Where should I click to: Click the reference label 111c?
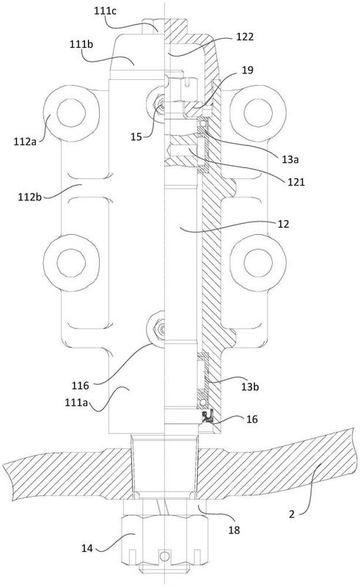coord(105,11)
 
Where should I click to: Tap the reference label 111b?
coord(81,44)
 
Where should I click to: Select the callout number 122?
coord(245,37)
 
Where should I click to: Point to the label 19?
coord(248,70)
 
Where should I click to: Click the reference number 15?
coord(136,136)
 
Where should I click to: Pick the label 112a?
coord(25,141)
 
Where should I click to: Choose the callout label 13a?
coord(290,159)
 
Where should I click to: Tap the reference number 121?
coord(296,182)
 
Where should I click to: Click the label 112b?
coord(30,197)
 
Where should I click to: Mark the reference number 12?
coord(283,224)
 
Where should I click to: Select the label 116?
coord(81,385)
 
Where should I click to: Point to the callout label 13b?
coord(250,387)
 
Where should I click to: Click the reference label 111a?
coord(76,402)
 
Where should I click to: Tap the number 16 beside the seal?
coord(252,419)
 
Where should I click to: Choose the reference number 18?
coord(234,530)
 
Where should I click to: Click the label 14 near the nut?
coord(87,548)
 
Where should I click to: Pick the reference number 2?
coord(292,514)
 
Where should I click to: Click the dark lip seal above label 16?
coord(207,416)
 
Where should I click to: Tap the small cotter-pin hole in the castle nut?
coord(164,556)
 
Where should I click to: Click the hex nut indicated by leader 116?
coord(156,328)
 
